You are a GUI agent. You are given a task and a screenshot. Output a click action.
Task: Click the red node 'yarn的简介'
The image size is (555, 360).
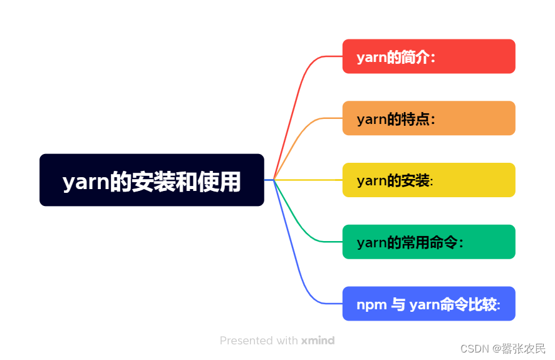coord(428,57)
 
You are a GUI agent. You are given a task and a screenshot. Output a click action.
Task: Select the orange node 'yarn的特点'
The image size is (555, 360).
coord(428,118)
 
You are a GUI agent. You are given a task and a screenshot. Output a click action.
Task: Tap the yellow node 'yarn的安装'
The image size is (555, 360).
coord(428,180)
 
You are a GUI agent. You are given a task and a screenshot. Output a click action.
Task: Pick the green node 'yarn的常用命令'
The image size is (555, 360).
coord(428,242)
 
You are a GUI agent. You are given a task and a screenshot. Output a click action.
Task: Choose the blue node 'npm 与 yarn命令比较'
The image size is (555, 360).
coord(428,304)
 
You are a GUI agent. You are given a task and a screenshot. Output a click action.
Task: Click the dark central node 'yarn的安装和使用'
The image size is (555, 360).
coord(152,180)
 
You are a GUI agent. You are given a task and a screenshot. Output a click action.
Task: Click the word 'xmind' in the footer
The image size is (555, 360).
coord(318,341)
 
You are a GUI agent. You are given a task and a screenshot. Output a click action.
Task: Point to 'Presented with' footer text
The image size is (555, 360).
coord(259,341)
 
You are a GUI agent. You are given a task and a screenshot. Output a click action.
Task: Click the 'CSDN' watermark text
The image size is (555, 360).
coord(475,348)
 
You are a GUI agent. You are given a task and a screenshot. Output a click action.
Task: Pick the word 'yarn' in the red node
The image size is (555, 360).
coord(371,58)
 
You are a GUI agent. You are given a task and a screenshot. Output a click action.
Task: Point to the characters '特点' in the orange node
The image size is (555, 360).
coord(415,119)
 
